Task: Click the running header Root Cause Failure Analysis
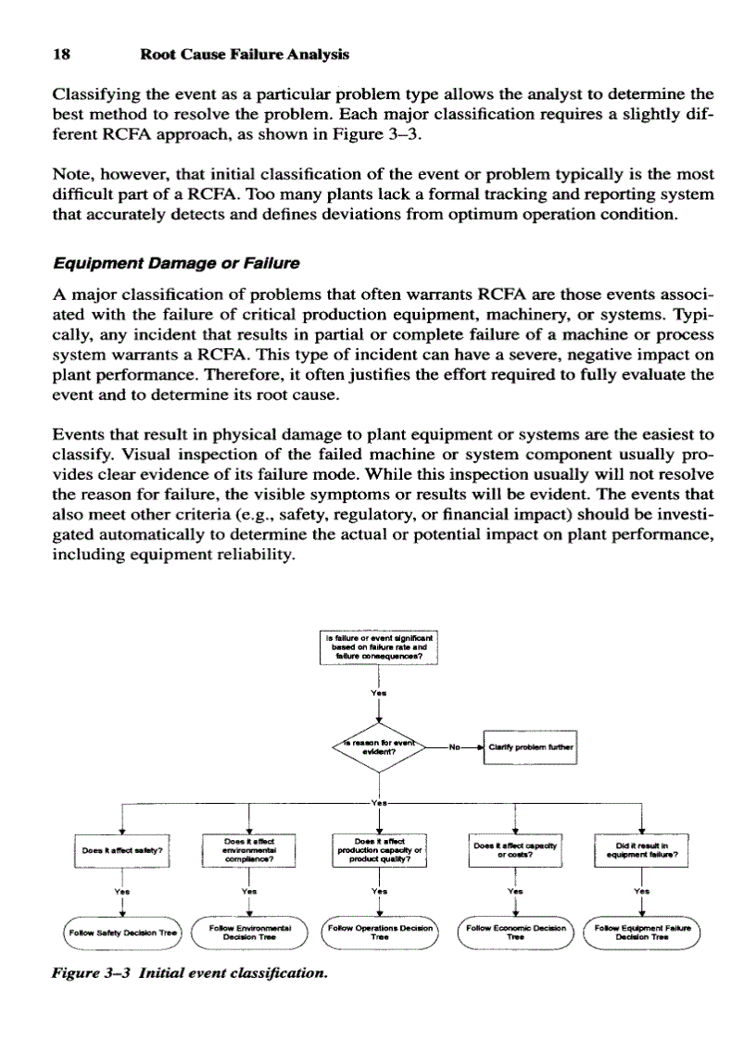click(x=244, y=55)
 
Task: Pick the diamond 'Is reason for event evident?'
click(x=377, y=747)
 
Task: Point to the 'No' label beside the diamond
click(x=454, y=746)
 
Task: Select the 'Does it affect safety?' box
click(x=123, y=849)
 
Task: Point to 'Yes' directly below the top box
click(x=377, y=694)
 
